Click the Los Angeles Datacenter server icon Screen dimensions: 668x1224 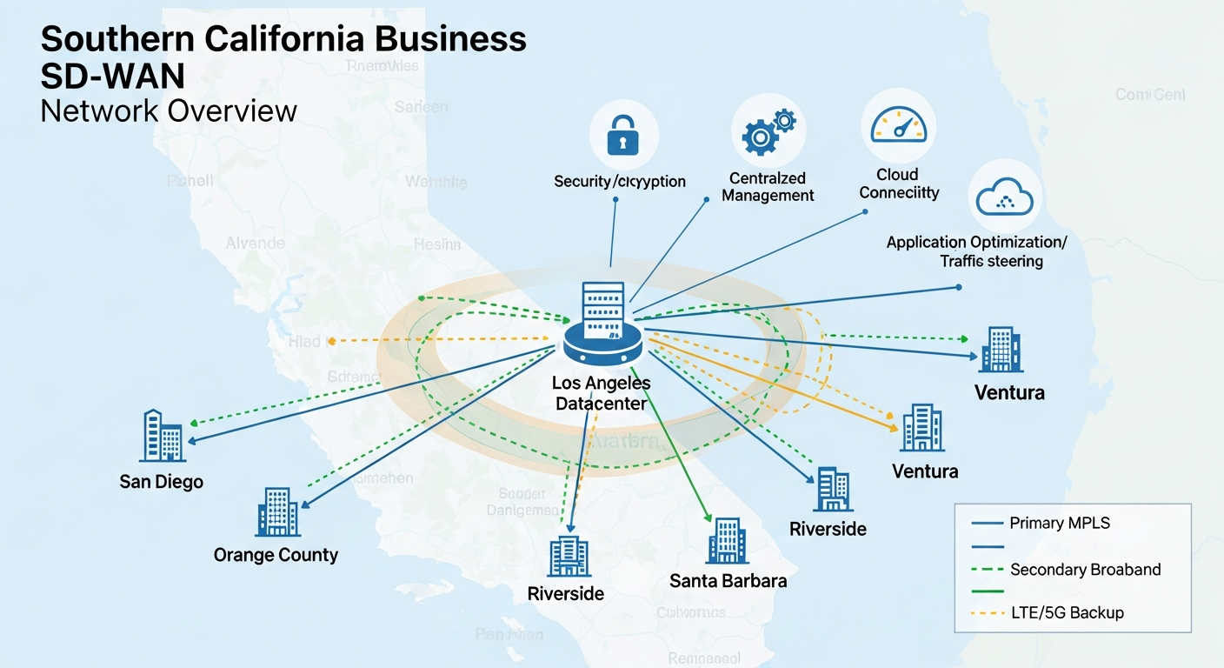pos(602,326)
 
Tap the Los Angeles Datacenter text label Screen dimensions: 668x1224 pos(601,393)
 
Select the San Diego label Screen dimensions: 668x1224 pos(162,481)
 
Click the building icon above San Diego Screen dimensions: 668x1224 pos(162,436)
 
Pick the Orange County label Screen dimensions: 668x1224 pos(276,554)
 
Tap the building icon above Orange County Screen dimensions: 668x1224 pos(277,511)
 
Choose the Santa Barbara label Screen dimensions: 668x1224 pos(728,580)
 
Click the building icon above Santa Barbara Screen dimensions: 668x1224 pos(727,540)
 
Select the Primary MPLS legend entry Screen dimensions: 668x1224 pos(1060,523)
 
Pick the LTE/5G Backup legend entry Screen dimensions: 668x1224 pos(1067,612)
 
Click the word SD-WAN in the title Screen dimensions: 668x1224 pos(112,77)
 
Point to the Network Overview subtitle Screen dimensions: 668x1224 pos(169,111)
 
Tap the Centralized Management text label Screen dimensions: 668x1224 pos(768,187)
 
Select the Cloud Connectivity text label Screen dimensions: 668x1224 pos(899,184)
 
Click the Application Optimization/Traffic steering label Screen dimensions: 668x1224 pos(976,251)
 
